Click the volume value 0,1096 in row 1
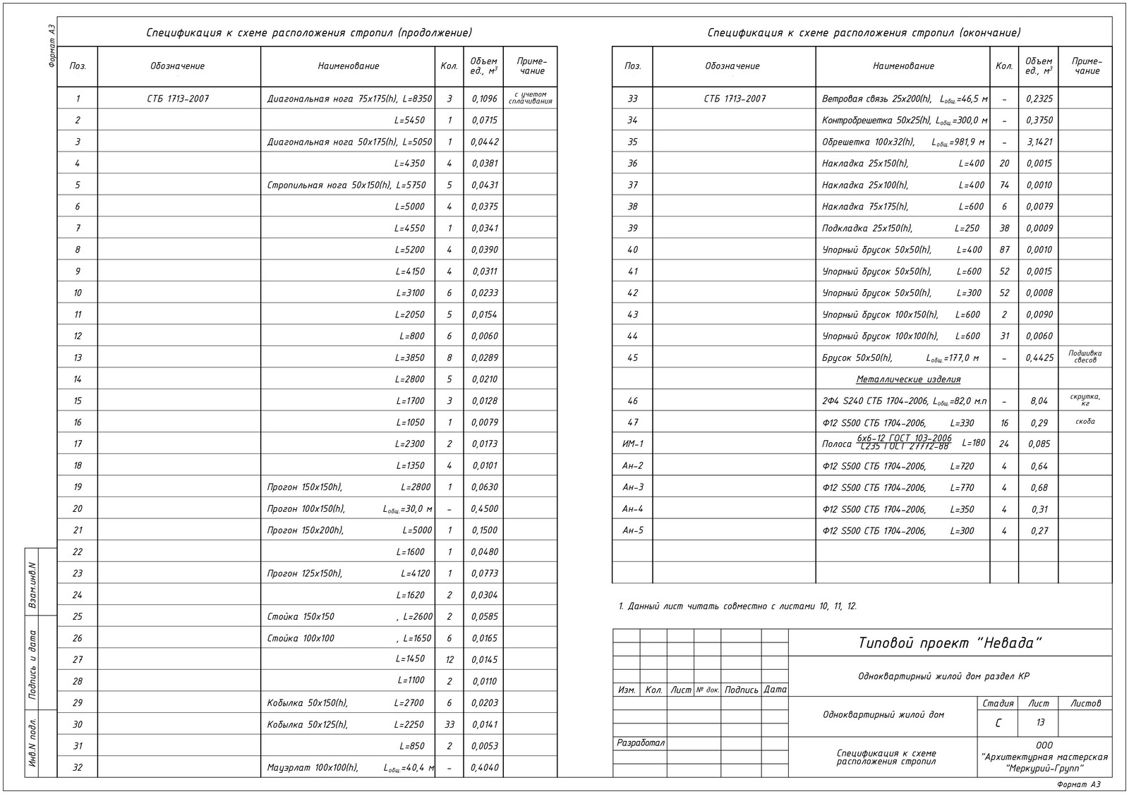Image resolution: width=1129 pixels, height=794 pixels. pyautogui.click(x=484, y=99)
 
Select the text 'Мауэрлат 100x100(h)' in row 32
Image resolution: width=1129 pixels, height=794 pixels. pyautogui.click(x=313, y=768)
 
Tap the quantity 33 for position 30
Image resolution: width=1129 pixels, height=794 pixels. pyautogui.click(x=449, y=725)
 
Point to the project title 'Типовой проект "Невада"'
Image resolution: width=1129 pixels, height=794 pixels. pyautogui.click(x=950, y=643)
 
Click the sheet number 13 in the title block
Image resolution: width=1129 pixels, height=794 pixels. pyautogui.click(x=1040, y=723)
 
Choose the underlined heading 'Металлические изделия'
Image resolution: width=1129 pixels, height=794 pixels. pyautogui.click(x=908, y=379)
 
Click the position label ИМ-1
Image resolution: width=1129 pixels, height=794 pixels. pyautogui.click(x=632, y=444)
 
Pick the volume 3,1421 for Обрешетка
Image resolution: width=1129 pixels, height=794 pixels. pyautogui.click(x=1039, y=142)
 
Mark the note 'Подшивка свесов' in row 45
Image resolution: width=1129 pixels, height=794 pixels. pyautogui.click(x=1085, y=357)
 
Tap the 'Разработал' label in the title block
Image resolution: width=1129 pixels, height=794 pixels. pyautogui.click(x=641, y=743)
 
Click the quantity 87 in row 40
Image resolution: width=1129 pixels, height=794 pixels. pyautogui.click(x=1004, y=250)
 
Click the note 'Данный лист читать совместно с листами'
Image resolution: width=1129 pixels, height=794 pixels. pyautogui.click(x=737, y=606)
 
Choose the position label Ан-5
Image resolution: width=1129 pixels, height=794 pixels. pyautogui.click(x=632, y=531)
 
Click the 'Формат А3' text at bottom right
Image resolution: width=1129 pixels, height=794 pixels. pyautogui.click(x=1079, y=784)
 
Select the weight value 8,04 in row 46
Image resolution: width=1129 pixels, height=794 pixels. pyautogui.click(x=1039, y=401)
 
